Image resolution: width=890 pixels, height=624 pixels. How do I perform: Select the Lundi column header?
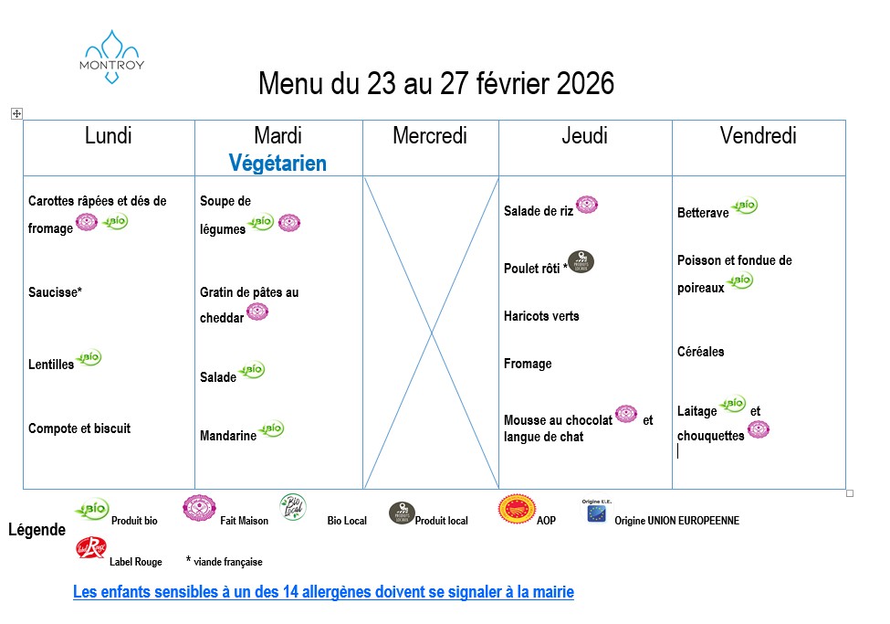click(108, 136)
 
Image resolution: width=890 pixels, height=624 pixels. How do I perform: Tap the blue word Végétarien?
click(277, 164)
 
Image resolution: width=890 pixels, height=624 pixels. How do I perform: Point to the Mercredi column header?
click(429, 136)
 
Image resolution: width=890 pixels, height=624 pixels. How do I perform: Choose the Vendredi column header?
click(758, 136)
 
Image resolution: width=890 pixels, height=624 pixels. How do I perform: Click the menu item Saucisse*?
click(55, 293)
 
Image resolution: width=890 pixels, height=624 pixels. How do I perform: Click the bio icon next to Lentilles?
click(89, 358)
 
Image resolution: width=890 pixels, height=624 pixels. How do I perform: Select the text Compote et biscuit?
click(79, 428)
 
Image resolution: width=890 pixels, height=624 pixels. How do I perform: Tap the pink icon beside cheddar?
click(257, 312)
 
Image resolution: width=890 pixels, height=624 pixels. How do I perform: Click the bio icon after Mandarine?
click(271, 428)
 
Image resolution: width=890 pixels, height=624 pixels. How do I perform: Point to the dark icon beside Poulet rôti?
click(581, 262)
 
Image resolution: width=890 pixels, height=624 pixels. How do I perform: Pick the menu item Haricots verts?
click(541, 316)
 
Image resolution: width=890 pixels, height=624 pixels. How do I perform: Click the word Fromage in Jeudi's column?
click(528, 364)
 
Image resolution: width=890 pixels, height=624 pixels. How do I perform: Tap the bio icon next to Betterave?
click(745, 206)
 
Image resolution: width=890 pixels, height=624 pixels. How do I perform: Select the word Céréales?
click(700, 352)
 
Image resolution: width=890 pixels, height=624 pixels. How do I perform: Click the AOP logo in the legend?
click(517, 509)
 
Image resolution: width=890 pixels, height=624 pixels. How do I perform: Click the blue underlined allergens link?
click(323, 592)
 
